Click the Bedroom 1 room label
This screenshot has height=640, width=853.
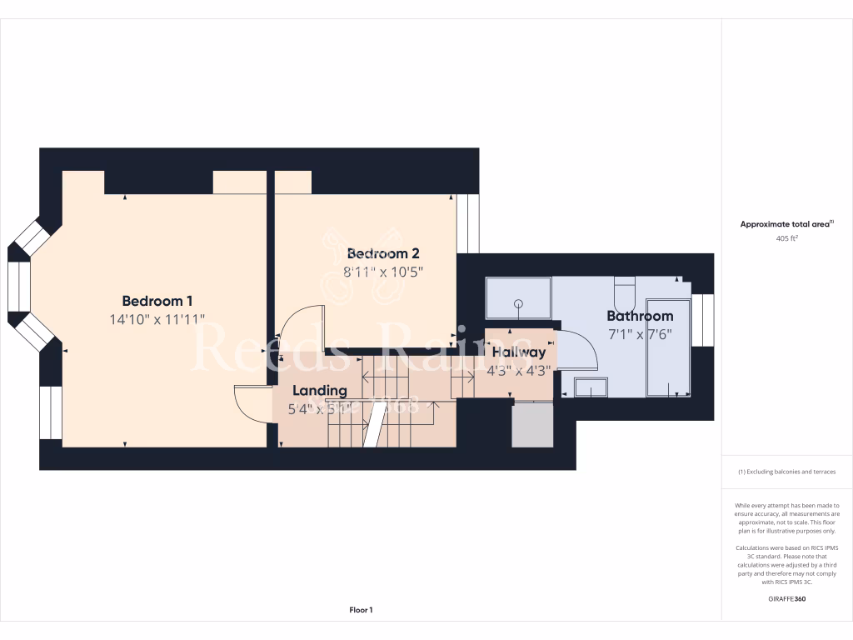[x=157, y=301]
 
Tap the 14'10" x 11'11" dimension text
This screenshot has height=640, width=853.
[x=157, y=319]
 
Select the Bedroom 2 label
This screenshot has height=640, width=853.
[x=382, y=253]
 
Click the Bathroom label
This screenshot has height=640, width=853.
[x=640, y=316]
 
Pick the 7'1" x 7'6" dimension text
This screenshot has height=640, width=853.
[x=639, y=334]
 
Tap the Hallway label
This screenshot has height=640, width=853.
[x=518, y=352]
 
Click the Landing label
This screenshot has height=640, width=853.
[x=319, y=390]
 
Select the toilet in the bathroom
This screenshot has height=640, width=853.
[x=625, y=293]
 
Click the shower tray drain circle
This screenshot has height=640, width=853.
[x=518, y=303]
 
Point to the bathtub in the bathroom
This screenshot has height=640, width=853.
[x=668, y=347]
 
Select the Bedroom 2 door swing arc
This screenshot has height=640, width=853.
[x=296, y=329]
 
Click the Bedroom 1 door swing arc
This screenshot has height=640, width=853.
[x=252, y=404]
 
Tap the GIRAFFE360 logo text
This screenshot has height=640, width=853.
[x=786, y=598]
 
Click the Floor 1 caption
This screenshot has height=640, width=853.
[x=361, y=610]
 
